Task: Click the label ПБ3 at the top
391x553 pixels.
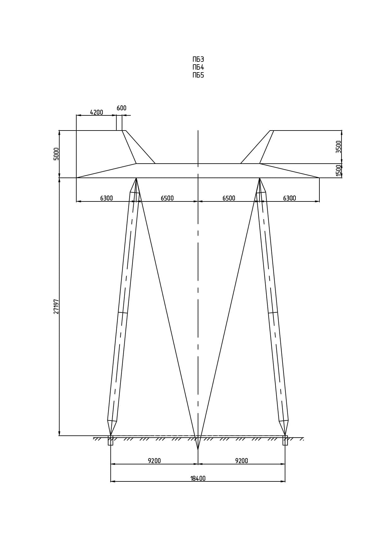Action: [198, 59]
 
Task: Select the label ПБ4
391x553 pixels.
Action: [198, 67]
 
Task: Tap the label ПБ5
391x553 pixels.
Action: [198, 75]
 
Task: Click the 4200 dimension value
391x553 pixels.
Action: [96, 112]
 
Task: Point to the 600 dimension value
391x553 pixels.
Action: [121, 108]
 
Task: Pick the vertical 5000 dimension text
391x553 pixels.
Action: [56, 154]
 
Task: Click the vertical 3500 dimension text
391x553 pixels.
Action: [339, 147]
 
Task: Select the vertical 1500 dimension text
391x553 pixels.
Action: [339, 171]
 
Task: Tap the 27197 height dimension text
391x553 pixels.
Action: [56, 306]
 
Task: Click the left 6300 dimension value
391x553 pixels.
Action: [107, 198]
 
